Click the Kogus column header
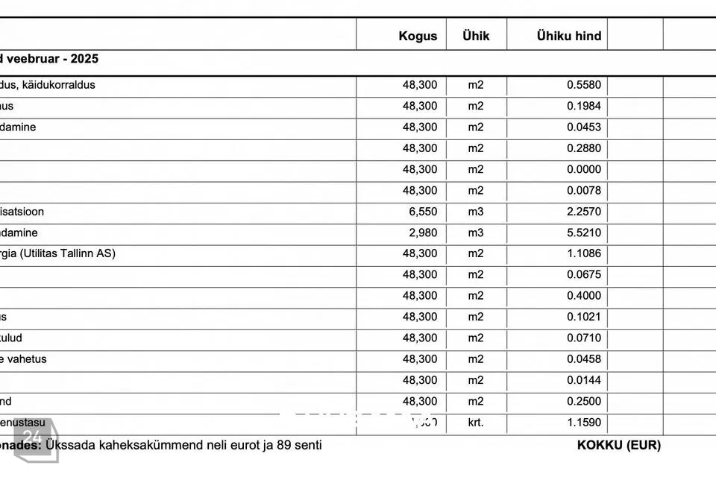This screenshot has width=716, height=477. [x=418, y=36]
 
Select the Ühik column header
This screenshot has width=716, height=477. [x=476, y=36]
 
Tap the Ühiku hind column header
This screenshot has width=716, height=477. [x=569, y=36]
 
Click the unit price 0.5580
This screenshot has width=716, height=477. [x=584, y=85]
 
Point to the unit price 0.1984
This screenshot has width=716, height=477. [x=584, y=107]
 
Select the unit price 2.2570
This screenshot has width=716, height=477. [x=584, y=212]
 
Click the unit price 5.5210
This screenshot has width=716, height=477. [x=584, y=233]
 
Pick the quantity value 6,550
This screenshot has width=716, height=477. [x=423, y=212]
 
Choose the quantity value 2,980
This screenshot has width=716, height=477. [x=423, y=233]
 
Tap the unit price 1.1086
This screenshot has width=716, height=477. [x=584, y=253]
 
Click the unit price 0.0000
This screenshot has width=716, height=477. [x=584, y=169]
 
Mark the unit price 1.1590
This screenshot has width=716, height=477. [x=584, y=423]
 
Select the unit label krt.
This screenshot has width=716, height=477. [x=476, y=423]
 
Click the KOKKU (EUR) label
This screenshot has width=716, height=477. [x=618, y=446]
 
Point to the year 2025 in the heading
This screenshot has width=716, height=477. [x=85, y=59]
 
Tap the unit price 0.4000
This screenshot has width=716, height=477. [x=584, y=296]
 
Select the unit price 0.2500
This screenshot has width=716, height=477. [x=584, y=402]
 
